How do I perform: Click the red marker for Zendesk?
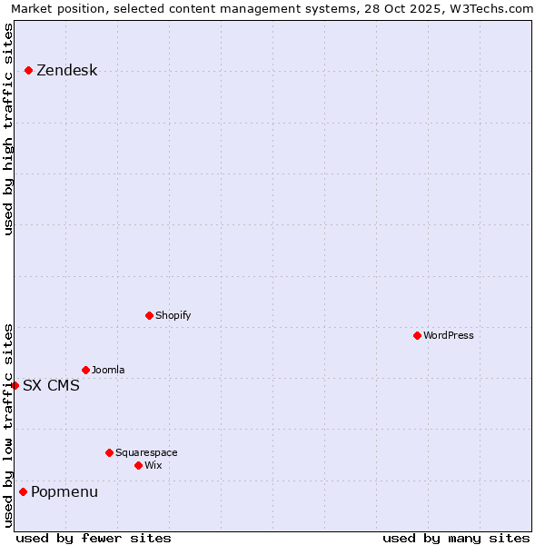click(28, 70)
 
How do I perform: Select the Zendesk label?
click(66, 71)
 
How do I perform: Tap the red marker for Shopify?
click(149, 315)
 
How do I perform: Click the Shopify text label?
click(173, 316)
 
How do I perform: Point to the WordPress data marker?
click(417, 335)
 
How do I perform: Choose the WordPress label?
click(448, 336)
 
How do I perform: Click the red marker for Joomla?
click(85, 370)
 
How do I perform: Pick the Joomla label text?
click(108, 371)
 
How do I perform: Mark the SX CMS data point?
click(15, 385)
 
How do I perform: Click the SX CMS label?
click(51, 386)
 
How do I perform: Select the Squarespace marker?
click(109, 452)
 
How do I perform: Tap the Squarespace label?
click(146, 453)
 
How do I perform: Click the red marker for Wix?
click(138, 465)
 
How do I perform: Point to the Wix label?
click(154, 466)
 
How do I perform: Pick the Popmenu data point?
click(23, 491)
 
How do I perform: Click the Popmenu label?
click(64, 492)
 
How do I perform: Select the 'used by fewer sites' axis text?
click(94, 538)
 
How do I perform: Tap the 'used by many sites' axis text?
click(456, 538)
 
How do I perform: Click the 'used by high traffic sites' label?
click(8, 129)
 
